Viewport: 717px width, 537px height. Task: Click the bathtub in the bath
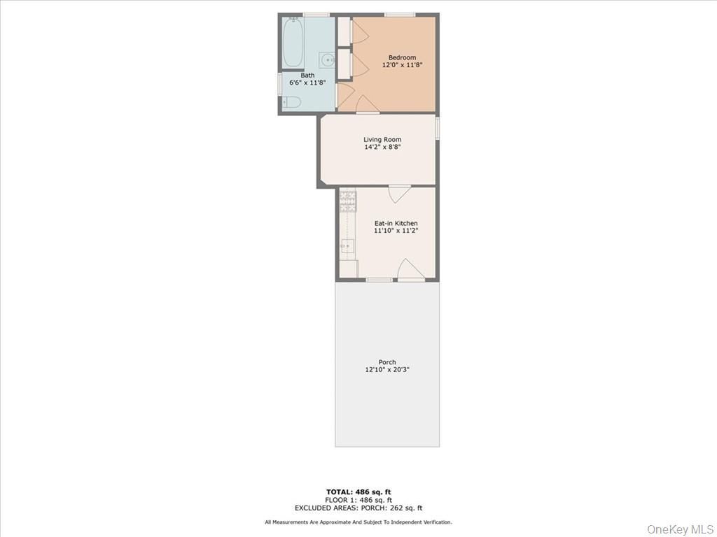pos(293,42)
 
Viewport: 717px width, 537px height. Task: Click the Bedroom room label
pos(402,57)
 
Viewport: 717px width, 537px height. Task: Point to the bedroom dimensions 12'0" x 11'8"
pos(402,65)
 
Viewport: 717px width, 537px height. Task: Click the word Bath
pos(307,75)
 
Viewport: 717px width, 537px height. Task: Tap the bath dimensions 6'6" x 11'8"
pos(307,83)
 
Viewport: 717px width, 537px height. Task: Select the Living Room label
pos(382,140)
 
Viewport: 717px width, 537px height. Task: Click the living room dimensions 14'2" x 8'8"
pos(382,148)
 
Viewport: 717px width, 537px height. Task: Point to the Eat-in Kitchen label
pos(396,223)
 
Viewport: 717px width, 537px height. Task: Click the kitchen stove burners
pos(348,201)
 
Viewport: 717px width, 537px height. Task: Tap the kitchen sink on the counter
pos(347,246)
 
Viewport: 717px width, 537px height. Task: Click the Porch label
pos(387,362)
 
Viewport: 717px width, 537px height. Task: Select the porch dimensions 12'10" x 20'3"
pos(387,370)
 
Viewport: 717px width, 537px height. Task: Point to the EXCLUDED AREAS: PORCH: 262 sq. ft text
pos(358,508)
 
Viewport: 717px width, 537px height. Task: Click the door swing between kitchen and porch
pos(410,269)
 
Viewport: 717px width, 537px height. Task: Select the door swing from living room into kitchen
pos(400,194)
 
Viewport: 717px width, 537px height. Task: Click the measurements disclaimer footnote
pos(358,522)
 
